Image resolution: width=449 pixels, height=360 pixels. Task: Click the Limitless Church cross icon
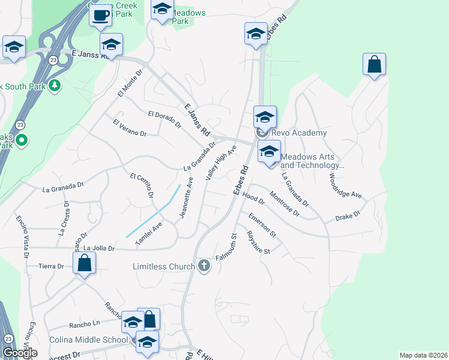pos(204,266)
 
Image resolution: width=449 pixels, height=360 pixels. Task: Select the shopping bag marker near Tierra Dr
pos(85,263)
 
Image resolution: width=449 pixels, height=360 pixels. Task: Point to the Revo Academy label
pos(299,133)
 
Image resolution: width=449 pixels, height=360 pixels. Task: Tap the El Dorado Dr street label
pos(164,119)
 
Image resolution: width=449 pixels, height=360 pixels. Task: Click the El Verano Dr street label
pos(129,128)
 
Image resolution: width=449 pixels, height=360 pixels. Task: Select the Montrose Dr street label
pos(284,202)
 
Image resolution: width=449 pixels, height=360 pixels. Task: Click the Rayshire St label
pos(259,242)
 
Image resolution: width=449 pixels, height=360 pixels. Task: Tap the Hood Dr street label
pos(253,198)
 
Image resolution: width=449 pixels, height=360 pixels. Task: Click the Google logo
pos(20,353)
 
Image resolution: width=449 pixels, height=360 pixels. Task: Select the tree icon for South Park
pos(55,85)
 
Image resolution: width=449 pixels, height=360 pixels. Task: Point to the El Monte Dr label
pos(130,83)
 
